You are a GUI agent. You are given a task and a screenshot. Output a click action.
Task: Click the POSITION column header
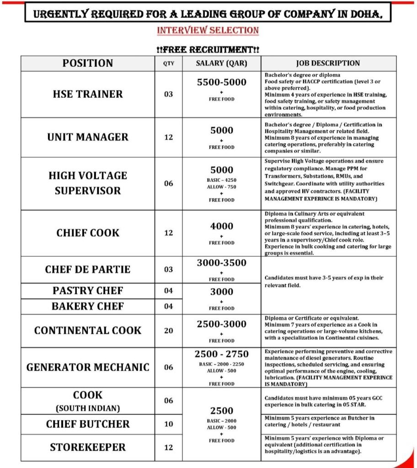[x=87, y=63]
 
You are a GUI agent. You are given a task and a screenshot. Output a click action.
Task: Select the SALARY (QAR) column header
[x=221, y=63]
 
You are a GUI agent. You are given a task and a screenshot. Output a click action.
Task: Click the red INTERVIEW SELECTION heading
[x=208, y=31]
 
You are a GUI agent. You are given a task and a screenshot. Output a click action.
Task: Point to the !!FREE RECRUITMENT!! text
[x=208, y=48]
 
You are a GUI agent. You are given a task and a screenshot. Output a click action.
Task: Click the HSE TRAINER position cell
[x=87, y=94]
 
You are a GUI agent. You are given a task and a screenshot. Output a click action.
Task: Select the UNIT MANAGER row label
[x=87, y=137]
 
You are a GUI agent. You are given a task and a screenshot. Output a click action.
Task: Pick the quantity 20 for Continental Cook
[x=169, y=330]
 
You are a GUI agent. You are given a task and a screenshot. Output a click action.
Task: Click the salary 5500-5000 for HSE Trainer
[x=221, y=82]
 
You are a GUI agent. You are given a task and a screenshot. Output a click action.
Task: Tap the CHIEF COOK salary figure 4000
[x=221, y=226]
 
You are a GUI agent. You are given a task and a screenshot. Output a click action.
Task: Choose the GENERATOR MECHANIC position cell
[x=87, y=367]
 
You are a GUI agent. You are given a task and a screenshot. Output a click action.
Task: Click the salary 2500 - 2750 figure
[x=221, y=354]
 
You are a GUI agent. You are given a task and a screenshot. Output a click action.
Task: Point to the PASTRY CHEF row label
[x=87, y=291]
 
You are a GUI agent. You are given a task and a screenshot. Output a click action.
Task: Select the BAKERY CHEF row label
[x=87, y=306]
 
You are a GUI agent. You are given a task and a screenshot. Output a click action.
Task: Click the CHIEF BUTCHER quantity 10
[x=169, y=424]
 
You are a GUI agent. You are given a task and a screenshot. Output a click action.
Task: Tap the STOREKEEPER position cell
[x=87, y=447]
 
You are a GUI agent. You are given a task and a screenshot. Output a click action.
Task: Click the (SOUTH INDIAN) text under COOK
[x=87, y=408]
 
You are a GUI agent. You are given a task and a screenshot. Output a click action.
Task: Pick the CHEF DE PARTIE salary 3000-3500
[x=221, y=263]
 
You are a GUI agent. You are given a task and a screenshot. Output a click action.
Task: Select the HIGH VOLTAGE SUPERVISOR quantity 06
[x=169, y=184]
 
